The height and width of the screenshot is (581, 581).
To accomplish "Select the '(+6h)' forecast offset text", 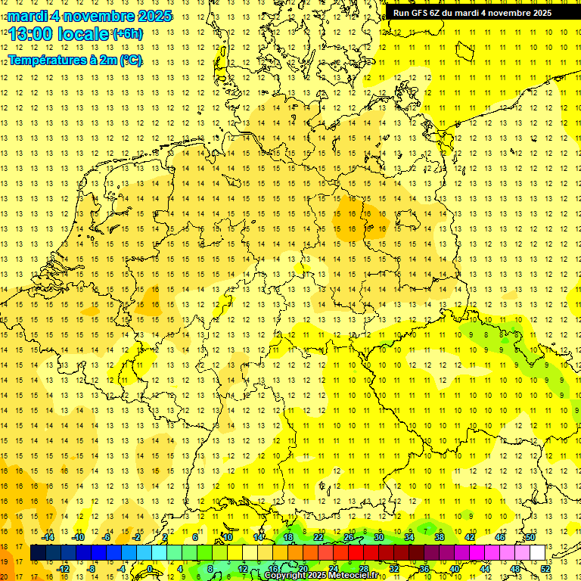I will coord(126,34).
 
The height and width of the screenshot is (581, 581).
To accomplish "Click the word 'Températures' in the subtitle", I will coord(45,61).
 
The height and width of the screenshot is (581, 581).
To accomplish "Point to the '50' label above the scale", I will coord(530,537).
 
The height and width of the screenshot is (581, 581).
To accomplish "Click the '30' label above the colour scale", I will coord(378,537).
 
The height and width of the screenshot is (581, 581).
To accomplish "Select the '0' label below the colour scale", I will coord(150,569).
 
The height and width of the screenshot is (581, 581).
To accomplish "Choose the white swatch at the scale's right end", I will coord(537,553).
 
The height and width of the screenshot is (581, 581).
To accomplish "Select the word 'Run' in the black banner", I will coord(400,13).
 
